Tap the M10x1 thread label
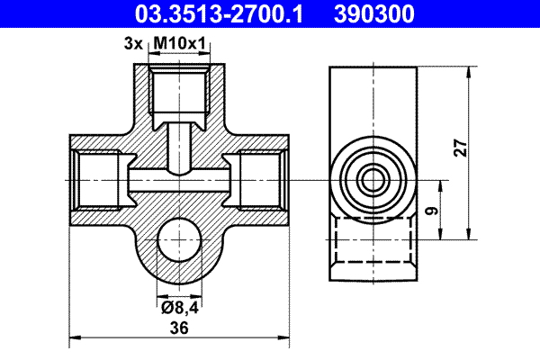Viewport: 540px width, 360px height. (180, 42)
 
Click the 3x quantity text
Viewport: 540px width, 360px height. (132, 42)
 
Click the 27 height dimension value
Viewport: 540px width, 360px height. (460, 148)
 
